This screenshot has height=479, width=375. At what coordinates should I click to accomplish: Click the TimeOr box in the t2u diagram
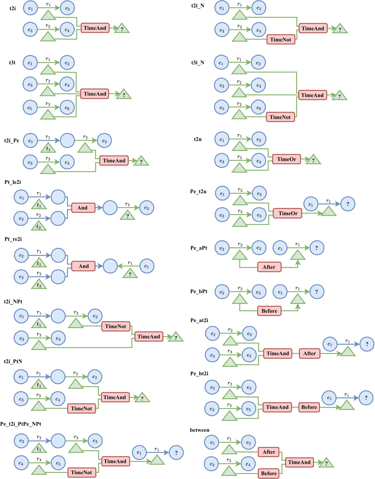286,159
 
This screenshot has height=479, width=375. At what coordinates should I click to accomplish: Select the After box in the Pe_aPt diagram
269,267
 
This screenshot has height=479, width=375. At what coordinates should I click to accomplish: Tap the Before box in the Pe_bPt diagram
269,311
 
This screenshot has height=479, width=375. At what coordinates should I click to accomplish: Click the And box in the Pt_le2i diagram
83,208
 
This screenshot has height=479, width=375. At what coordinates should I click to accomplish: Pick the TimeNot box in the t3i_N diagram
280,117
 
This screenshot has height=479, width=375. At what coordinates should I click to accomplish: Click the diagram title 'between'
200,430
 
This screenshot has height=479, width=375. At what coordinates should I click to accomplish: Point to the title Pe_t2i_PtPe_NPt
21,424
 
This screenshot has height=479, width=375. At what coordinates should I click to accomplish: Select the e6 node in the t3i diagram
67,108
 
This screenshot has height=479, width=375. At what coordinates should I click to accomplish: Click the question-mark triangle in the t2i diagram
122,29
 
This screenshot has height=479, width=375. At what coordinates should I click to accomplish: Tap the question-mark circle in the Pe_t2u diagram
348,204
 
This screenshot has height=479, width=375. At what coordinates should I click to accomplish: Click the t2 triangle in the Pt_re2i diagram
39,285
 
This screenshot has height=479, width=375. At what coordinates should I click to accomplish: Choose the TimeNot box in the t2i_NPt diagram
115,326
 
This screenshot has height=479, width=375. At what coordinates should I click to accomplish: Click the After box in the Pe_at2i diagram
309,353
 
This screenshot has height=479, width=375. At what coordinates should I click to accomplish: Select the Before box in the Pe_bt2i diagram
309,407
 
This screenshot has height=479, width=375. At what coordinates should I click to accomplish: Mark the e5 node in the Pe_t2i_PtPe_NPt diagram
58,463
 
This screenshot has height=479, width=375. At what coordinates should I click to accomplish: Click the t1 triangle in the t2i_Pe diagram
48,148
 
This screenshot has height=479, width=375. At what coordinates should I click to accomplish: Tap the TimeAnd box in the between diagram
299,462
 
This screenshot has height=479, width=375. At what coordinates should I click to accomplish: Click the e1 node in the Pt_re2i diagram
146,266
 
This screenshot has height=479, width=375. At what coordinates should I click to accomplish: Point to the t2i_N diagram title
198,6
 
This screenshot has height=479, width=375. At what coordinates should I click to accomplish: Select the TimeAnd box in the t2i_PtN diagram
115,397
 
